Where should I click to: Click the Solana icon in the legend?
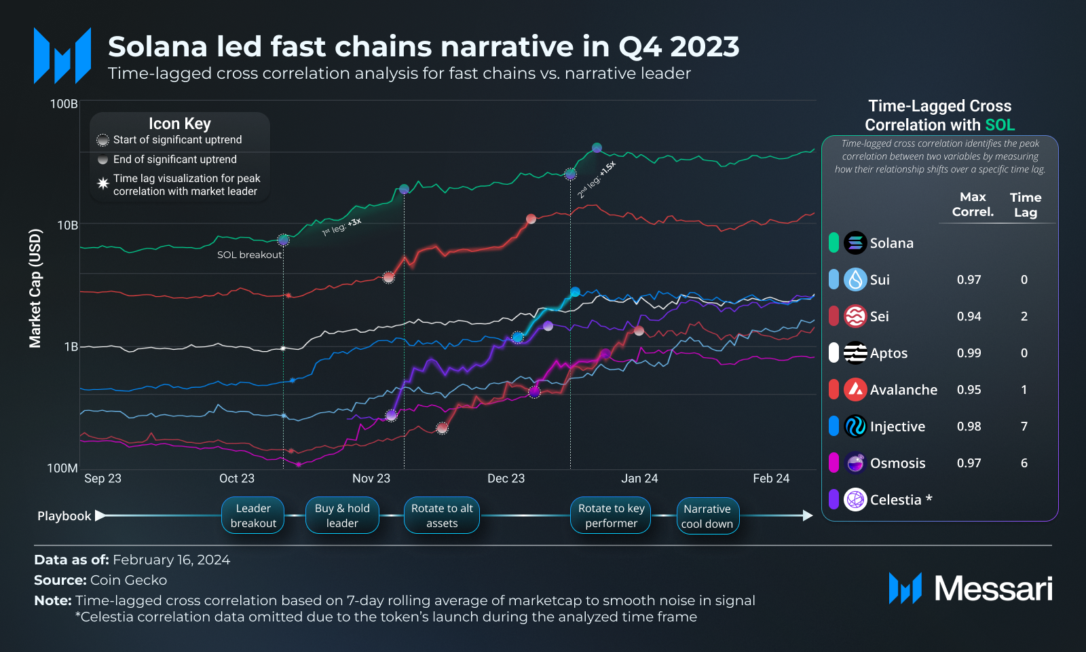coord(855,242)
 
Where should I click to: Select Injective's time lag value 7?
coord(1024,427)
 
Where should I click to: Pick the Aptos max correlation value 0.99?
coord(969,353)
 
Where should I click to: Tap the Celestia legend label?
coord(895,500)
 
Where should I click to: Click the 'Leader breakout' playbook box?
coord(253,515)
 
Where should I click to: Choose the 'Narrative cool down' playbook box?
coord(707,516)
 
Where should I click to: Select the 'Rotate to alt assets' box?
coord(442,515)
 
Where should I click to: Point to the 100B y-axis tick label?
coord(64,104)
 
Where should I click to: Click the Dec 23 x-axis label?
coord(506,478)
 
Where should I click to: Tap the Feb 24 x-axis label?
coord(771,478)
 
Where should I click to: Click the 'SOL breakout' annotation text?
coord(249,255)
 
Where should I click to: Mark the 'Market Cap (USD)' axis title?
coord(35,289)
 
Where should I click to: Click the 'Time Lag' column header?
coord(1025,204)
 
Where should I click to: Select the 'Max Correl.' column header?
coord(973,204)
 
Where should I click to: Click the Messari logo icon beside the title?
coord(62,56)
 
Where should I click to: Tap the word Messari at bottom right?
coord(993,588)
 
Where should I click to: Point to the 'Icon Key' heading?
coord(180,124)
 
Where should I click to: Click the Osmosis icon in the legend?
coord(855,463)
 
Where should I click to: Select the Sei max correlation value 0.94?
coord(969,316)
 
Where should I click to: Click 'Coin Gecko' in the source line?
coord(128,580)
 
